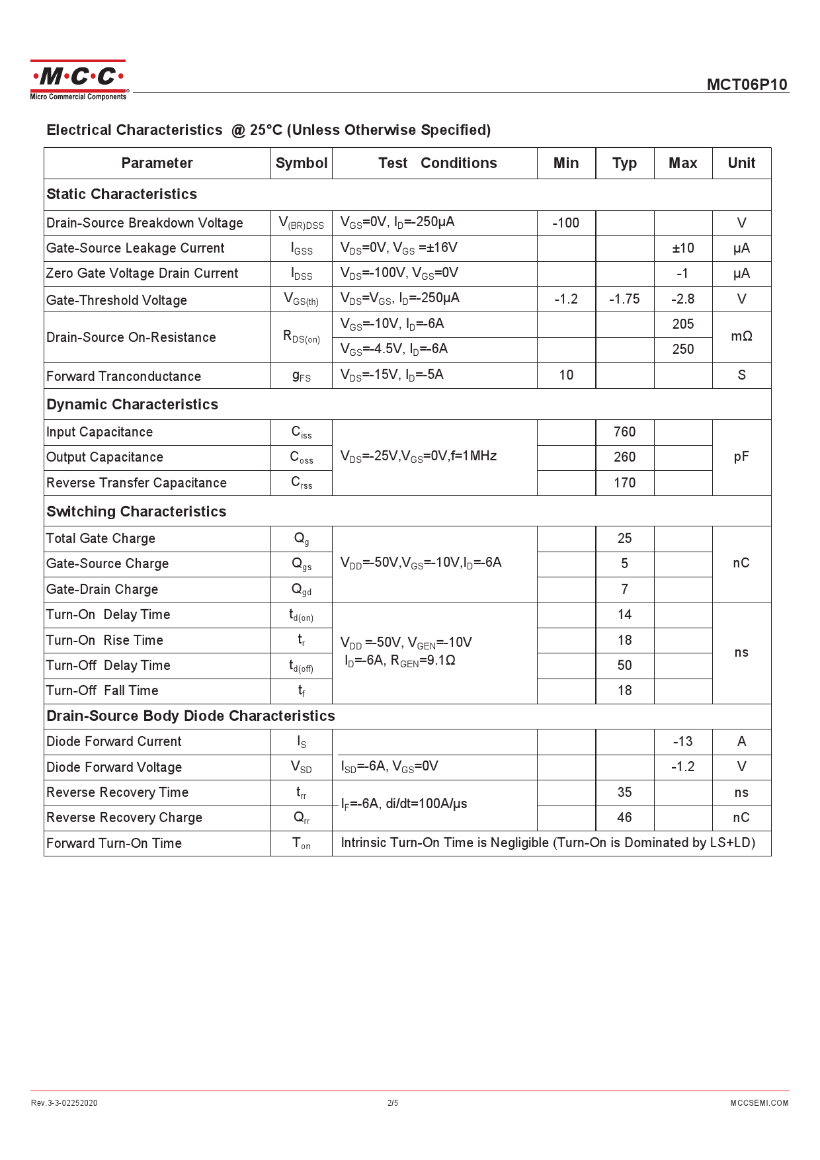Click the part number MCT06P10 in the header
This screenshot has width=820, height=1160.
[x=747, y=85]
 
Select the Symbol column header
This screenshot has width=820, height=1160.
[x=301, y=163]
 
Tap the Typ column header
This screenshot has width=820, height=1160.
[x=624, y=163]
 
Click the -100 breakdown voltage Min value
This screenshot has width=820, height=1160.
[x=565, y=223]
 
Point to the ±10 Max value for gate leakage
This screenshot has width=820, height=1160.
[x=682, y=248]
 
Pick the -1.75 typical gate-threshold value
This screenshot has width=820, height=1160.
[x=624, y=299]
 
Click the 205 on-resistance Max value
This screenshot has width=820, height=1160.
[x=682, y=324]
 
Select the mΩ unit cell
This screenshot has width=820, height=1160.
[x=741, y=337]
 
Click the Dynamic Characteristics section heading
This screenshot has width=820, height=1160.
[x=132, y=405]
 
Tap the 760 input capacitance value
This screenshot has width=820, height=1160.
[x=624, y=432]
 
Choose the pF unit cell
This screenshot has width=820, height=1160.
[x=741, y=457]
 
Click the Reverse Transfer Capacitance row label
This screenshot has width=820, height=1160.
[x=136, y=483]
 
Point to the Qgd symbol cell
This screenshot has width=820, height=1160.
[x=301, y=589]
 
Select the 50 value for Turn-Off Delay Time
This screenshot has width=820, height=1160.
[x=624, y=665]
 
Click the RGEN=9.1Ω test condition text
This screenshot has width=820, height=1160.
[x=423, y=661]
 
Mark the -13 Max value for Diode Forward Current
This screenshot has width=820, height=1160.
[x=682, y=741]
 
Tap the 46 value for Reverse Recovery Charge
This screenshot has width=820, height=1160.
[x=624, y=817]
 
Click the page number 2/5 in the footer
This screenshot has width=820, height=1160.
[x=393, y=1102]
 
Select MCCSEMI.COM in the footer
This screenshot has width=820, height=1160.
[x=759, y=1102]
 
